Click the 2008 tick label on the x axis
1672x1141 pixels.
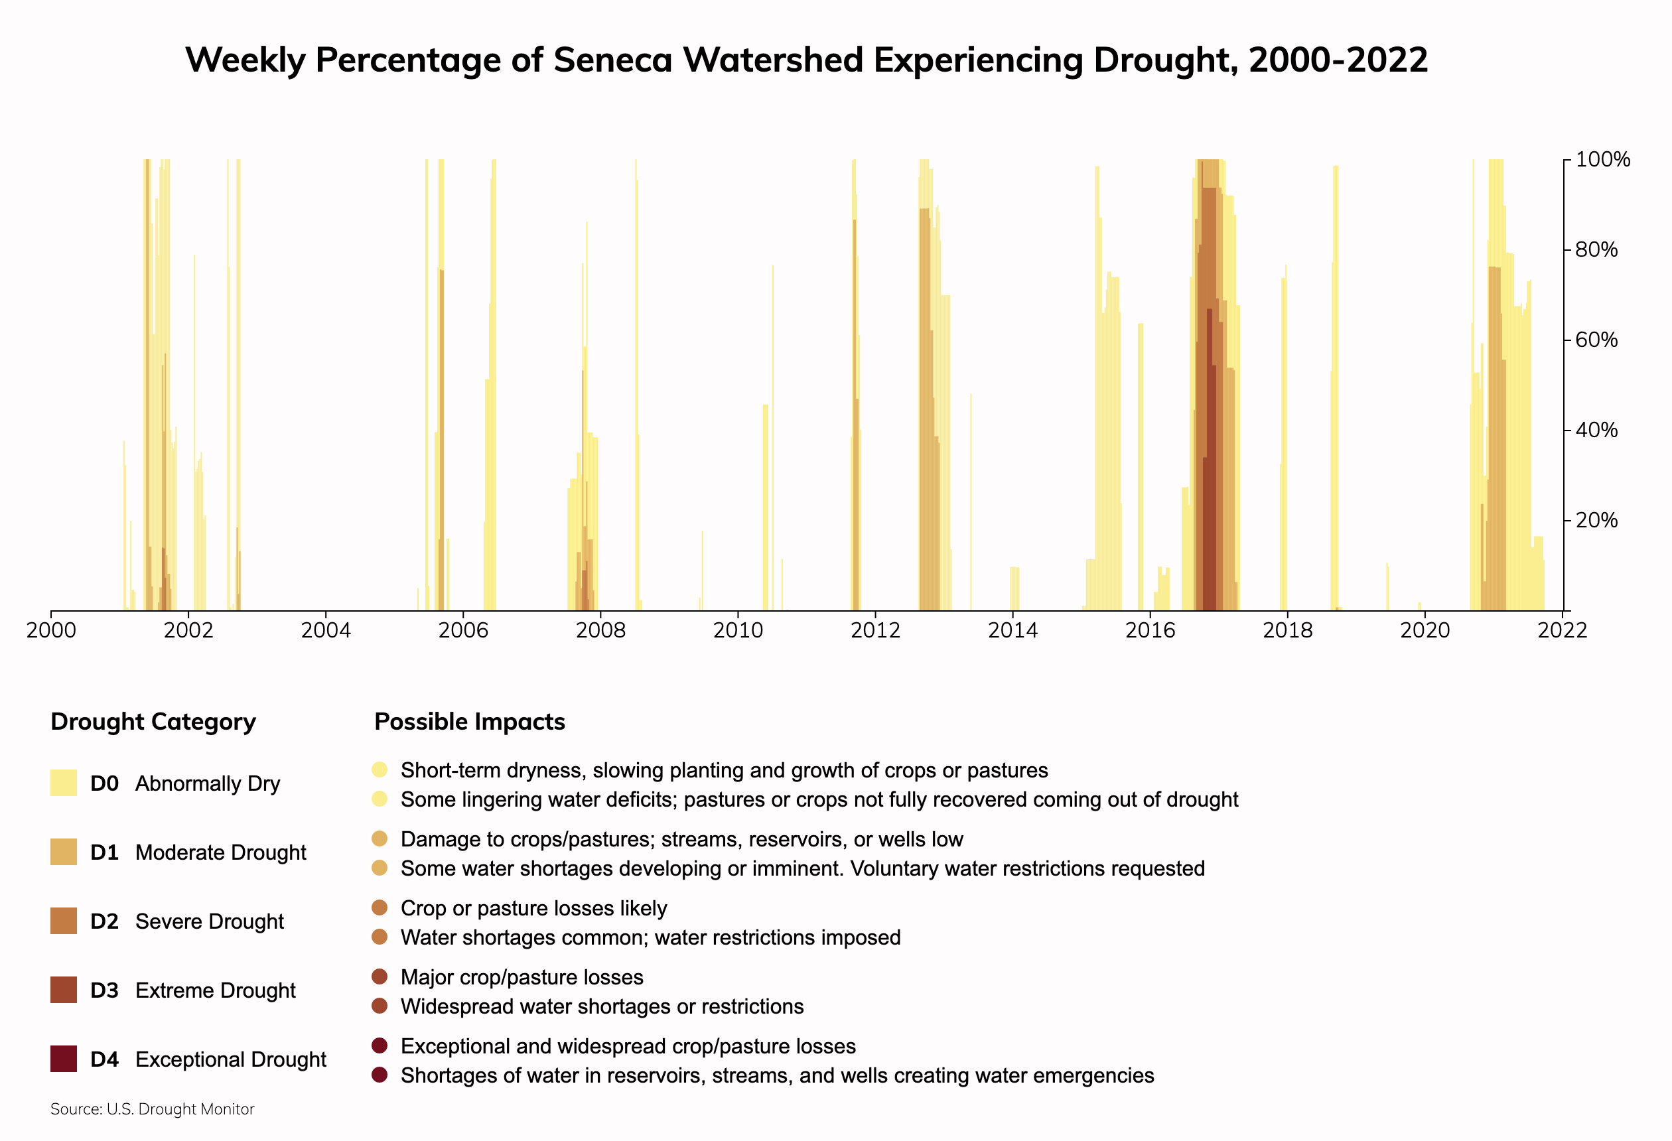[x=600, y=631]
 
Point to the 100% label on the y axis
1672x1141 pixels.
[x=1602, y=160]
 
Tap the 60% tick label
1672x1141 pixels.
[x=1596, y=340]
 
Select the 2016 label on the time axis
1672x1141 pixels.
[x=1150, y=631]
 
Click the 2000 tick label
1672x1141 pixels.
[x=51, y=631]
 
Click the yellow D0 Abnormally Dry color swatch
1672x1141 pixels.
[x=63, y=783]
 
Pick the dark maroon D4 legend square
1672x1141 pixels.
[x=63, y=1059]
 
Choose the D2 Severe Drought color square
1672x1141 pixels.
[x=63, y=921]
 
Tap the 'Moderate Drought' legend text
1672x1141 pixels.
[x=220, y=852]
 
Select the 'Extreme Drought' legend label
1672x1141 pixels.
[x=215, y=990]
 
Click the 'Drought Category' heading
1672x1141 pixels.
[x=153, y=722]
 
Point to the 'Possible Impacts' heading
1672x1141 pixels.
[x=470, y=722]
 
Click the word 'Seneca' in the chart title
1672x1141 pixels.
[x=613, y=60]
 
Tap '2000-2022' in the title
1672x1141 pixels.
[x=1338, y=60]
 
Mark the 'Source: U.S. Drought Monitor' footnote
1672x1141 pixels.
[x=153, y=1109]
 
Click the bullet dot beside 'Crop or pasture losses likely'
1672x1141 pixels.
[x=380, y=908]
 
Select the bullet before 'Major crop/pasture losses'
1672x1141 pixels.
[x=380, y=977]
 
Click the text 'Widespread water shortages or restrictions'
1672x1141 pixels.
[x=602, y=1006]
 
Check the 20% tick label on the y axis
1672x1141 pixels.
[x=1596, y=520]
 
